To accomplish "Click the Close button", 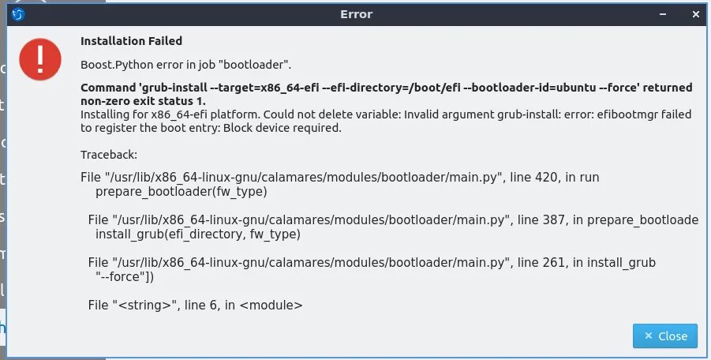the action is (x=665, y=336).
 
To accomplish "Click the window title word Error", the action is (x=356, y=14).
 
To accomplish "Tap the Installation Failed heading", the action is (x=131, y=41).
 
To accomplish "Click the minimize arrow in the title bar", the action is (x=663, y=14).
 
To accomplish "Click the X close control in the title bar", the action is (x=696, y=14).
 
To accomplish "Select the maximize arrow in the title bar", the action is (x=679, y=14).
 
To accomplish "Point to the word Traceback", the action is (x=109, y=155).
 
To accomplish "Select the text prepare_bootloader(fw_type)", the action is (x=181, y=191).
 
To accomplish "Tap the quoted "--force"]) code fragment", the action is (x=124, y=276).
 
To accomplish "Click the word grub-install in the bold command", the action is (x=170, y=88).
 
